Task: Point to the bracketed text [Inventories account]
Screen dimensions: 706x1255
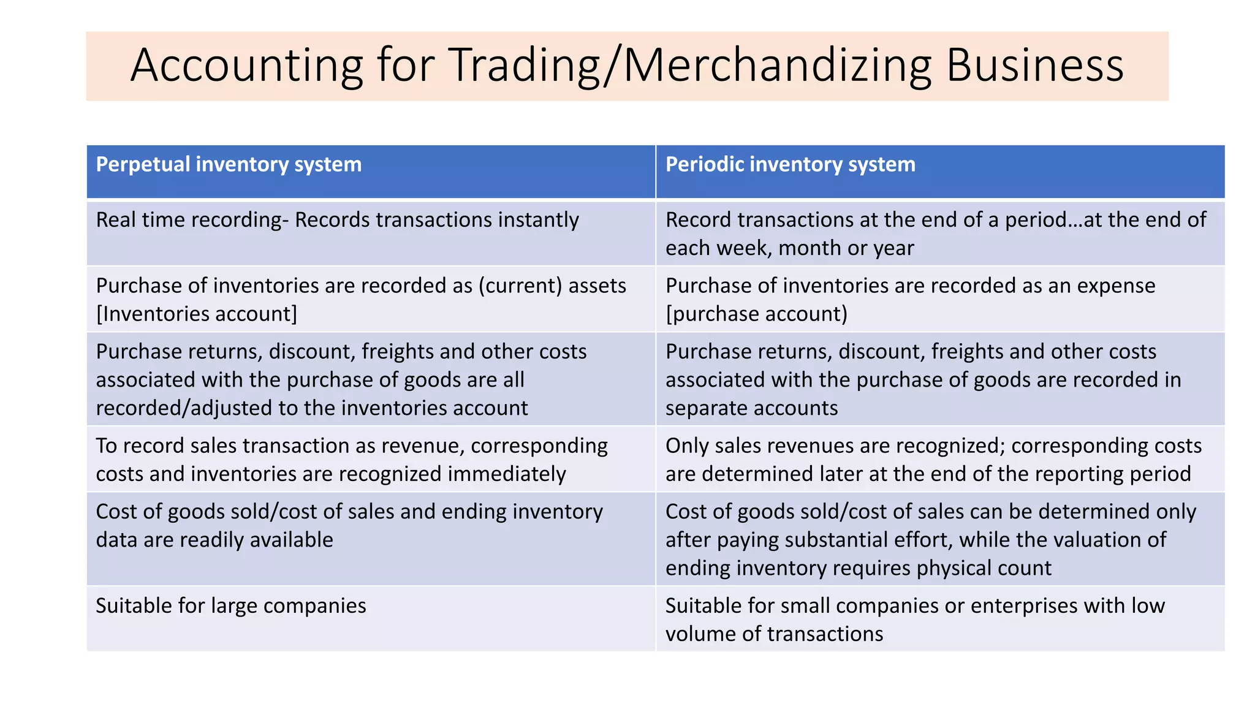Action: [196, 314]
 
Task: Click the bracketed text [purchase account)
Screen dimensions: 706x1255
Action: [756, 314]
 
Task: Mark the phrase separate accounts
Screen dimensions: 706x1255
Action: [751, 408]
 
